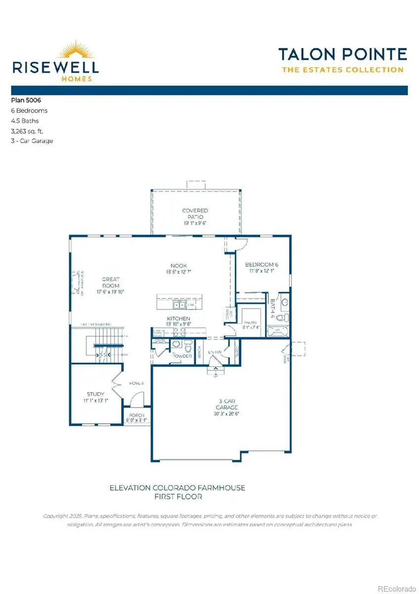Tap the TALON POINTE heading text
[342, 54]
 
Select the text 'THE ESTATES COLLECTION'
[342, 70]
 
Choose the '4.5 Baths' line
[25, 121]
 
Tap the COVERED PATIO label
[195, 213]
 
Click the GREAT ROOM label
[112, 282]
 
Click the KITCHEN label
[178, 319]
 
